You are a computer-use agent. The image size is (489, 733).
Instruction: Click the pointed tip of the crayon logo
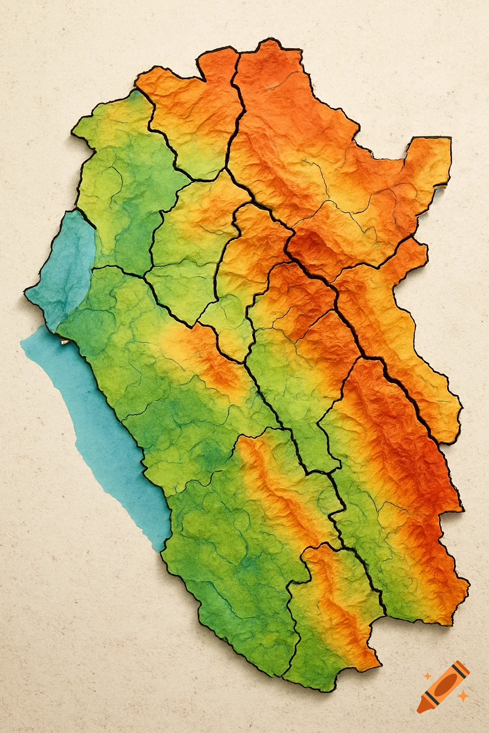pos(419,711)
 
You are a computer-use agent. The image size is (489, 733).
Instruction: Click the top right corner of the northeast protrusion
pos(450,139)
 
